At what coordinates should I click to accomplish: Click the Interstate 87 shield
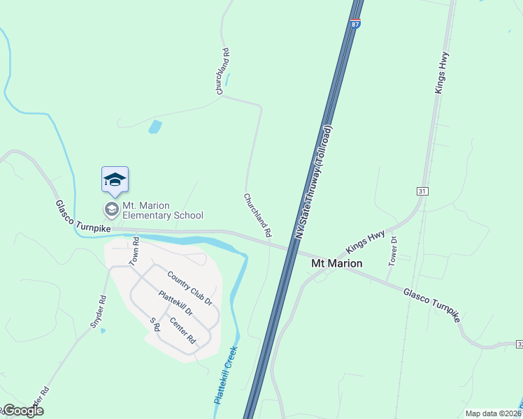pos(356,24)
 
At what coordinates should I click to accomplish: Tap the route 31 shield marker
pos(422,191)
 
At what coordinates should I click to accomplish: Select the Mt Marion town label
pos(336,263)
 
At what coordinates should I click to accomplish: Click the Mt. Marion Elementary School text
pos(162,210)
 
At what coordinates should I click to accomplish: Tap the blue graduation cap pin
pos(115,181)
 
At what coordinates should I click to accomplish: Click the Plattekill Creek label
pos(226,376)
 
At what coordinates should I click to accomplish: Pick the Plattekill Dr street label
pos(175,305)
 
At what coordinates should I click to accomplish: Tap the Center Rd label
pos(182,330)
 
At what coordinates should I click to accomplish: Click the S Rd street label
pos(155,325)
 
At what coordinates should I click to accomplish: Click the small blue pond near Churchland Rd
pos(155,127)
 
